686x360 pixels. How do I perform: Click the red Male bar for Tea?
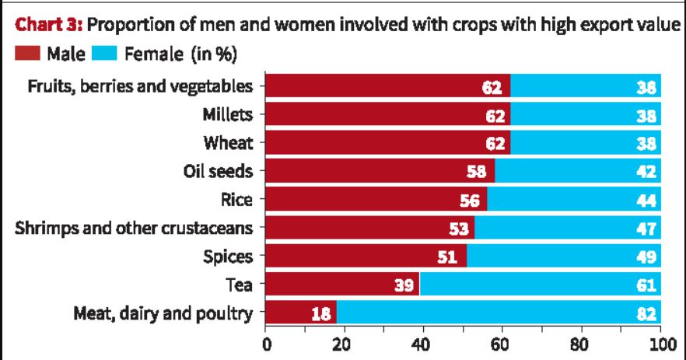[342, 285]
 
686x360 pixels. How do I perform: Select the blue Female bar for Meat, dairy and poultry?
[498, 314]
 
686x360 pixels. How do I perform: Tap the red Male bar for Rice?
[376, 200]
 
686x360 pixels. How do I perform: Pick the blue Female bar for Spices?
[563, 257]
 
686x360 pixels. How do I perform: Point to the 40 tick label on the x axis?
[423, 344]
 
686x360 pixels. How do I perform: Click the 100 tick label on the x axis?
[660, 344]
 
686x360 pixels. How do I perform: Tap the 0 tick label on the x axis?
[266, 344]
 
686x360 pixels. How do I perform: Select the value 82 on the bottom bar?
[646, 315]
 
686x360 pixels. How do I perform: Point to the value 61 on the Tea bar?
[646, 286]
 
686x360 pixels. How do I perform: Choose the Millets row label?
[228, 115]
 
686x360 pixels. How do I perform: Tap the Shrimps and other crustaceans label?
[138, 229]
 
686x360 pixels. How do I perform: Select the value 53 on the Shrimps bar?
[460, 229]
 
